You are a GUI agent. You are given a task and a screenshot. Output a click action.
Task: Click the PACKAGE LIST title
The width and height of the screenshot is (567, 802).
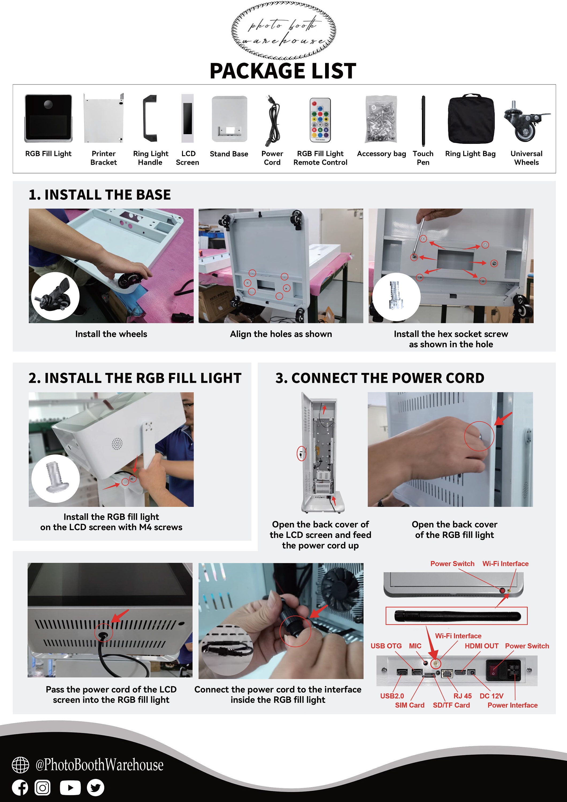tap(283, 71)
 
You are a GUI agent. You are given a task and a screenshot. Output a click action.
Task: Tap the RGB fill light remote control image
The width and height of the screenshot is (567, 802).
tap(320, 120)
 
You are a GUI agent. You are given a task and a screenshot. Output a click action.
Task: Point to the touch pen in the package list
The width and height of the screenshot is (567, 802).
tap(423, 121)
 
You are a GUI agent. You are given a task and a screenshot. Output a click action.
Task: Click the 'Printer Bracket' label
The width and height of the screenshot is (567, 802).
tap(103, 158)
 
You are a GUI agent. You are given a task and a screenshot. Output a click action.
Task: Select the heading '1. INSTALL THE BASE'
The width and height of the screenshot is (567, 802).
tap(99, 195)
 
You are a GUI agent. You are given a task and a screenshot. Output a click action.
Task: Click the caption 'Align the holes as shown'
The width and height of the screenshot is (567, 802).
tap(281, 334)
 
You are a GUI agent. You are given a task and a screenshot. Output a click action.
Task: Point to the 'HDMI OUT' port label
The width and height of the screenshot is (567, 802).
tap(481, 646)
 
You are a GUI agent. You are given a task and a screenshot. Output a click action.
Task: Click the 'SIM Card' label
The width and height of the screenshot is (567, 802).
tap(410, 705)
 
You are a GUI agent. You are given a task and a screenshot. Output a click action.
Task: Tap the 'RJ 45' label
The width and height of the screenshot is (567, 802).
tap(462, 696)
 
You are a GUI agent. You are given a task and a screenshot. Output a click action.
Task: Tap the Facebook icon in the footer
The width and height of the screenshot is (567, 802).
tap(20, 787)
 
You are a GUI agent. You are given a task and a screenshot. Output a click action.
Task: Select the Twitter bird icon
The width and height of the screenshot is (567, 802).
tap(95, 787)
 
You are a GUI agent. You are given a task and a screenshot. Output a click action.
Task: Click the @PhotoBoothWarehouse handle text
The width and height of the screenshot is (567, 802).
tap(99, 765)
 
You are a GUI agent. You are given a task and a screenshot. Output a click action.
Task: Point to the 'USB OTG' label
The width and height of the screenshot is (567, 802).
tap(386, 646)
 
